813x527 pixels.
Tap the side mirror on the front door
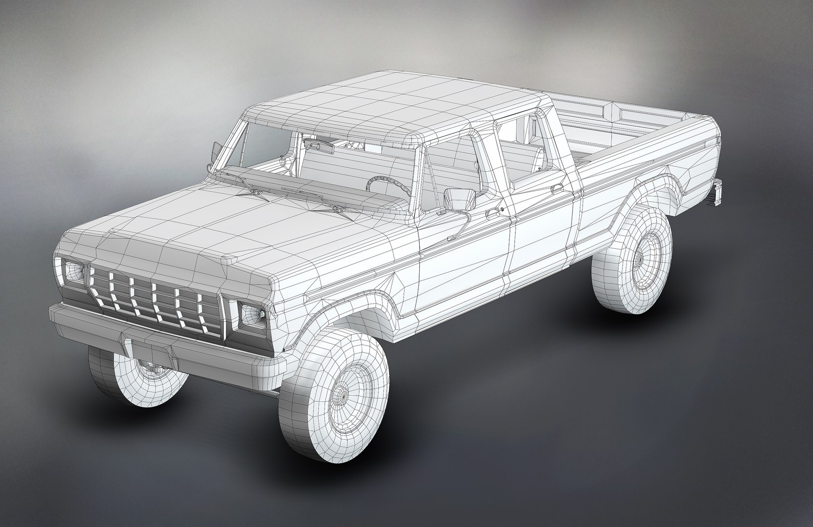pos(459,199)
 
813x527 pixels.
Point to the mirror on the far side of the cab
pos(215,151)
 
